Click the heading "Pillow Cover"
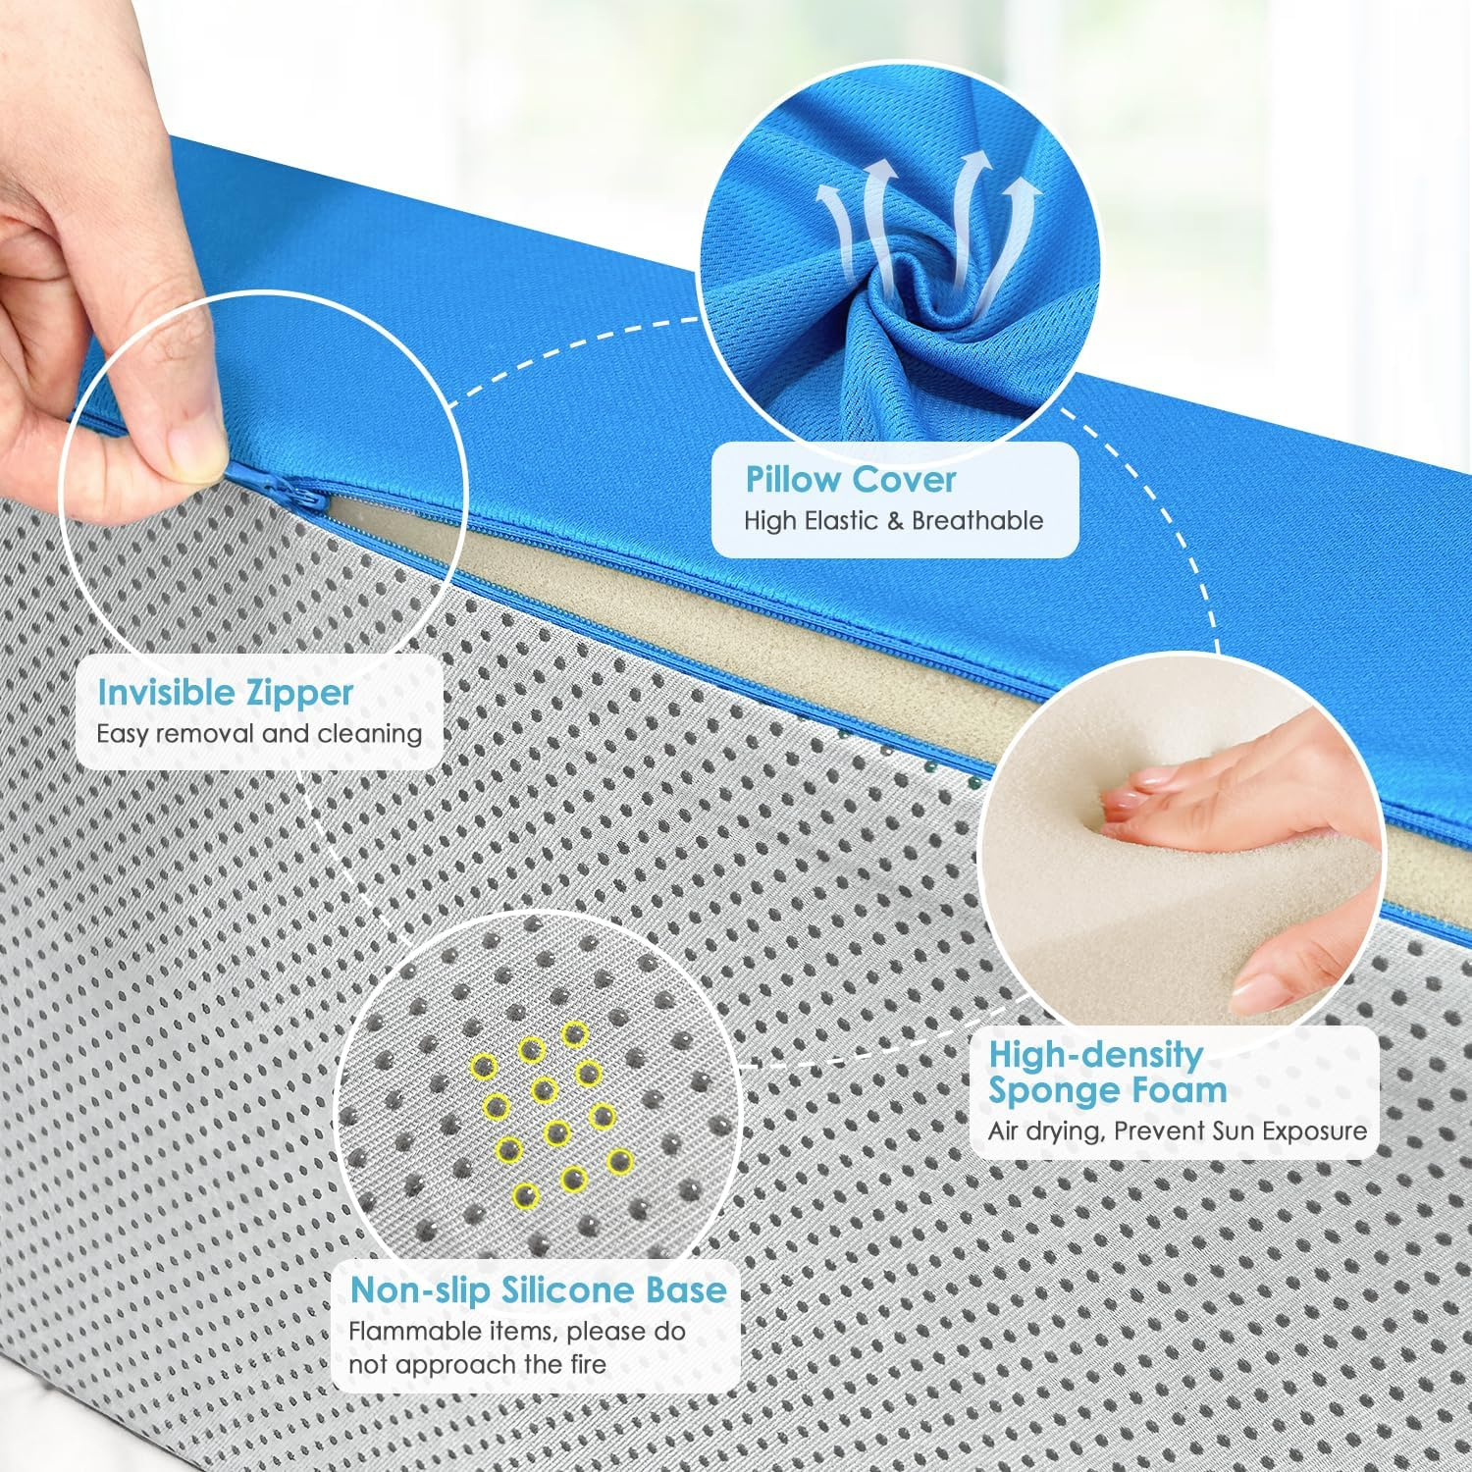(x=851, y=480)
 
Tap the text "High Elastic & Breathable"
(x=893, y=520)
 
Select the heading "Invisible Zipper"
(x=225, y=693)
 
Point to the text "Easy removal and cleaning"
(x=259, y=733)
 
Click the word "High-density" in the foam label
(x=1096, y=1054)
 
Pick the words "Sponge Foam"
(x=1108, y=1090)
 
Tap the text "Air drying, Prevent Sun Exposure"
(x=1178, y=1130)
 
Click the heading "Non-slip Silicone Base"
(x=539, y=1290)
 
